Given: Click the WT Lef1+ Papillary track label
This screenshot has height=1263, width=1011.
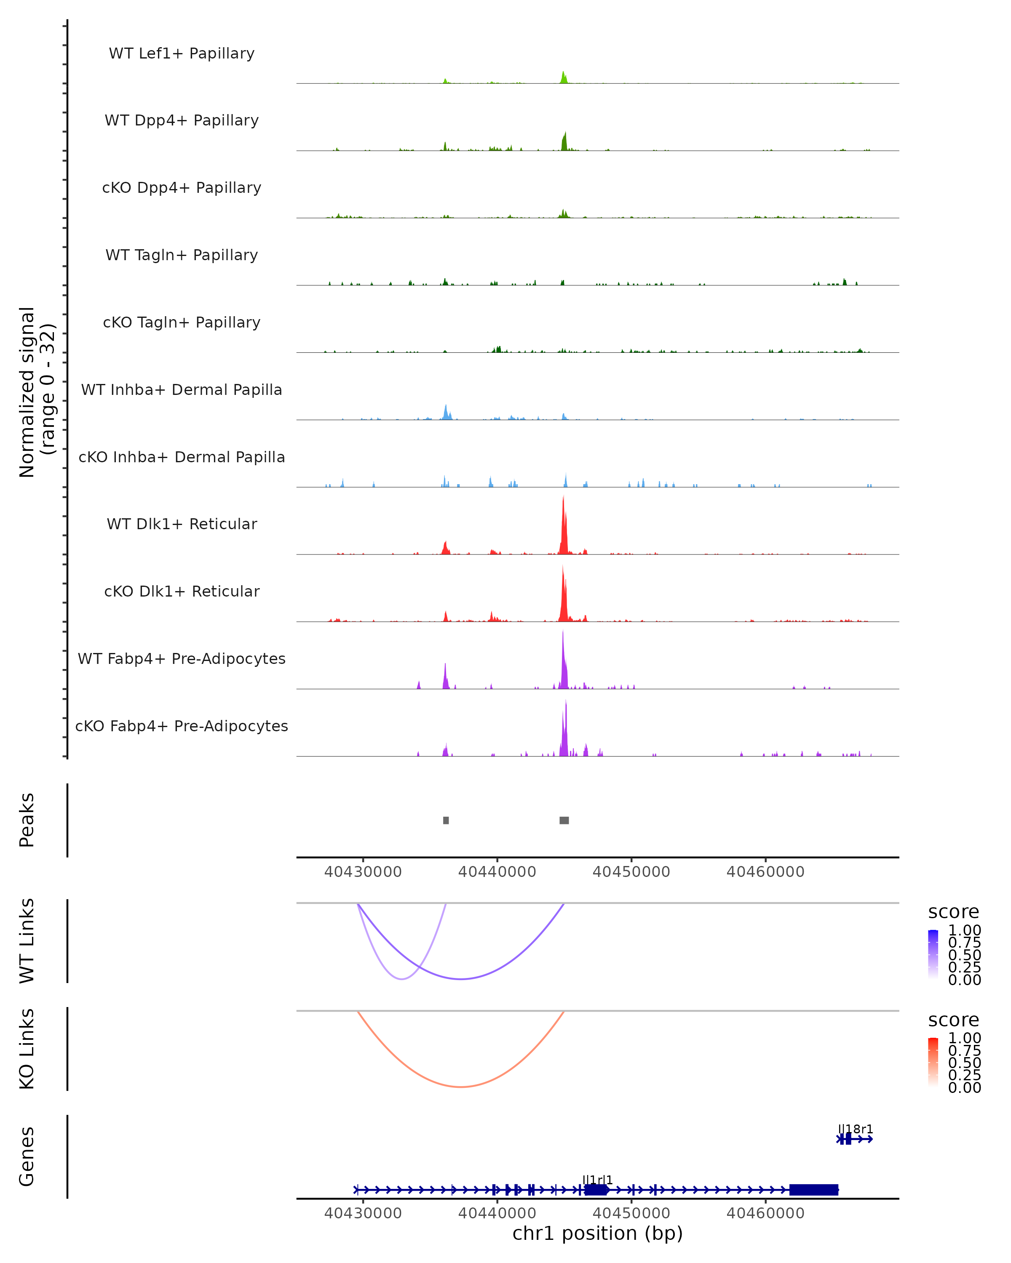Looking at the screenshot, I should pyautogui.click(x=182, y=53).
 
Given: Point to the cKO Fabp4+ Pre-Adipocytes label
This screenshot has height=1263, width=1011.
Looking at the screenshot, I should pyautogui.click(x=182, y=726).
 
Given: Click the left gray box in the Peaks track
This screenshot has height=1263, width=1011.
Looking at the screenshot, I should pyautogui.click(x=446, y=820).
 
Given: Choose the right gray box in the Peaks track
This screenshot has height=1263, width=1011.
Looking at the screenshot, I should pyautogui.click(x=564, y=820).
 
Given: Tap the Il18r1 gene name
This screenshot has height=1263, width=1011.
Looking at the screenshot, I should pyautogui.click(x=855, y=1129).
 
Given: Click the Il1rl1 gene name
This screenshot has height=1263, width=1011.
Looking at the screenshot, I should pyautogui.click(x=597, y=1180).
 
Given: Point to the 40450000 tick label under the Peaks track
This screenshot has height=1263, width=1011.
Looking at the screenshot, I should pyautogui.click(x=631, y=872).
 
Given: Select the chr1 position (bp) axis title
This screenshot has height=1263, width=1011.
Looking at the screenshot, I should pyautogui.click(x=597, y=1234).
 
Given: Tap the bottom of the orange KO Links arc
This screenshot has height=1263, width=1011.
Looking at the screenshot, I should pyautogui.click(x=462, y=1087).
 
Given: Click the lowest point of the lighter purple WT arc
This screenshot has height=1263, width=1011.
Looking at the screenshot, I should pyautogui.click(x=401, y=979).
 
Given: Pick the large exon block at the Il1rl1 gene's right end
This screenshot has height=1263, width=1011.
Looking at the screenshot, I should pyautogui.click(x=813, y=1190).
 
